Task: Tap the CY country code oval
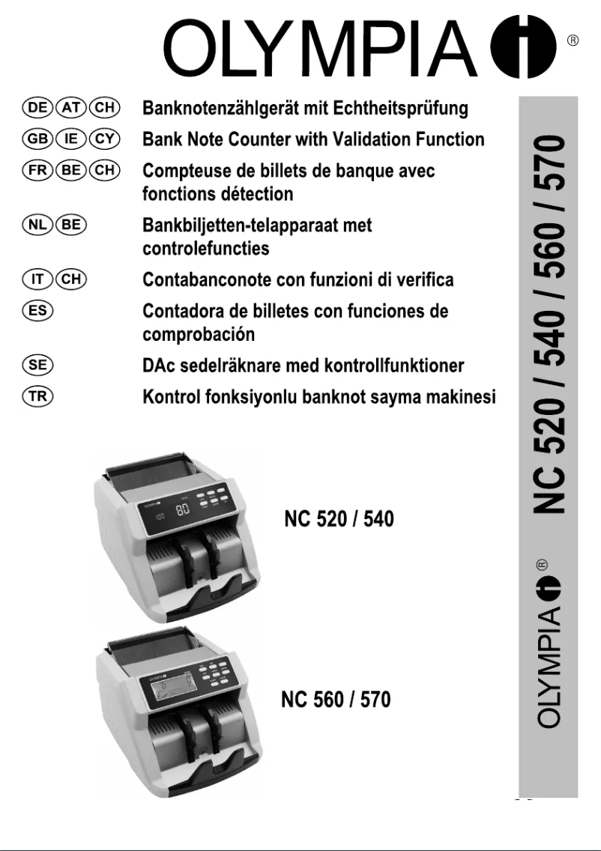click(103, 139)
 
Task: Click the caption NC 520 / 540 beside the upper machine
click(339, 519)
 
